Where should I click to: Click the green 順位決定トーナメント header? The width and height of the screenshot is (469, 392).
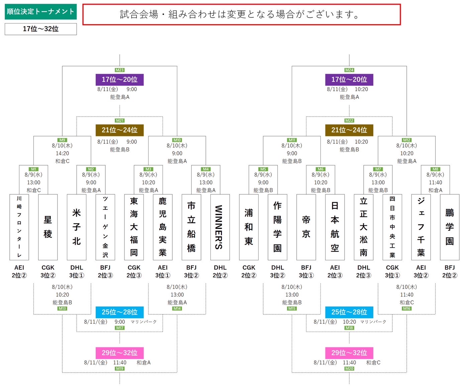41,11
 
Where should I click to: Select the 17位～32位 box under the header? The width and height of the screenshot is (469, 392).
41,29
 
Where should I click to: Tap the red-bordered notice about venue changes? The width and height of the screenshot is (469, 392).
242,14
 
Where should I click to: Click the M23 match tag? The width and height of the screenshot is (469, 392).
119,70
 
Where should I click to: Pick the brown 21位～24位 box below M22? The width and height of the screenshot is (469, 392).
349,130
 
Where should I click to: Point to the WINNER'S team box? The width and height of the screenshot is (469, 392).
220,227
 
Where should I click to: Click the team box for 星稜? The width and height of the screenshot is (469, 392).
48,227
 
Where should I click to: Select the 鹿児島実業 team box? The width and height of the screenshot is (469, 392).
163,227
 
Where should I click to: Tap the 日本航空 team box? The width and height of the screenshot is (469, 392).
335,227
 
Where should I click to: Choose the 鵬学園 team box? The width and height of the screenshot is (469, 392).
450,227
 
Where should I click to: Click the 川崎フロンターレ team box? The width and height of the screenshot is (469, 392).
19,227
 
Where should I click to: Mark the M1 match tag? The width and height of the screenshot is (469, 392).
33,169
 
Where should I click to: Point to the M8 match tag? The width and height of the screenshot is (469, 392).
435,169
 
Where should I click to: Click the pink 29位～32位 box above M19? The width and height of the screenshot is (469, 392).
119,353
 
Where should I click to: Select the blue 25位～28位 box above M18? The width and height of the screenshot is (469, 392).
349,312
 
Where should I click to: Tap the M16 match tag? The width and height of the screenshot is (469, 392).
406,308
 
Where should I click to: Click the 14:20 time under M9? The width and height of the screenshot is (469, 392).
62,153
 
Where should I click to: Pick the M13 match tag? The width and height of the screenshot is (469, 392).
62,308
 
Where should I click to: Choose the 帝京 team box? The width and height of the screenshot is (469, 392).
306,227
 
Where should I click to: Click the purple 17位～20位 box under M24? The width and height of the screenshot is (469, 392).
349,80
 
